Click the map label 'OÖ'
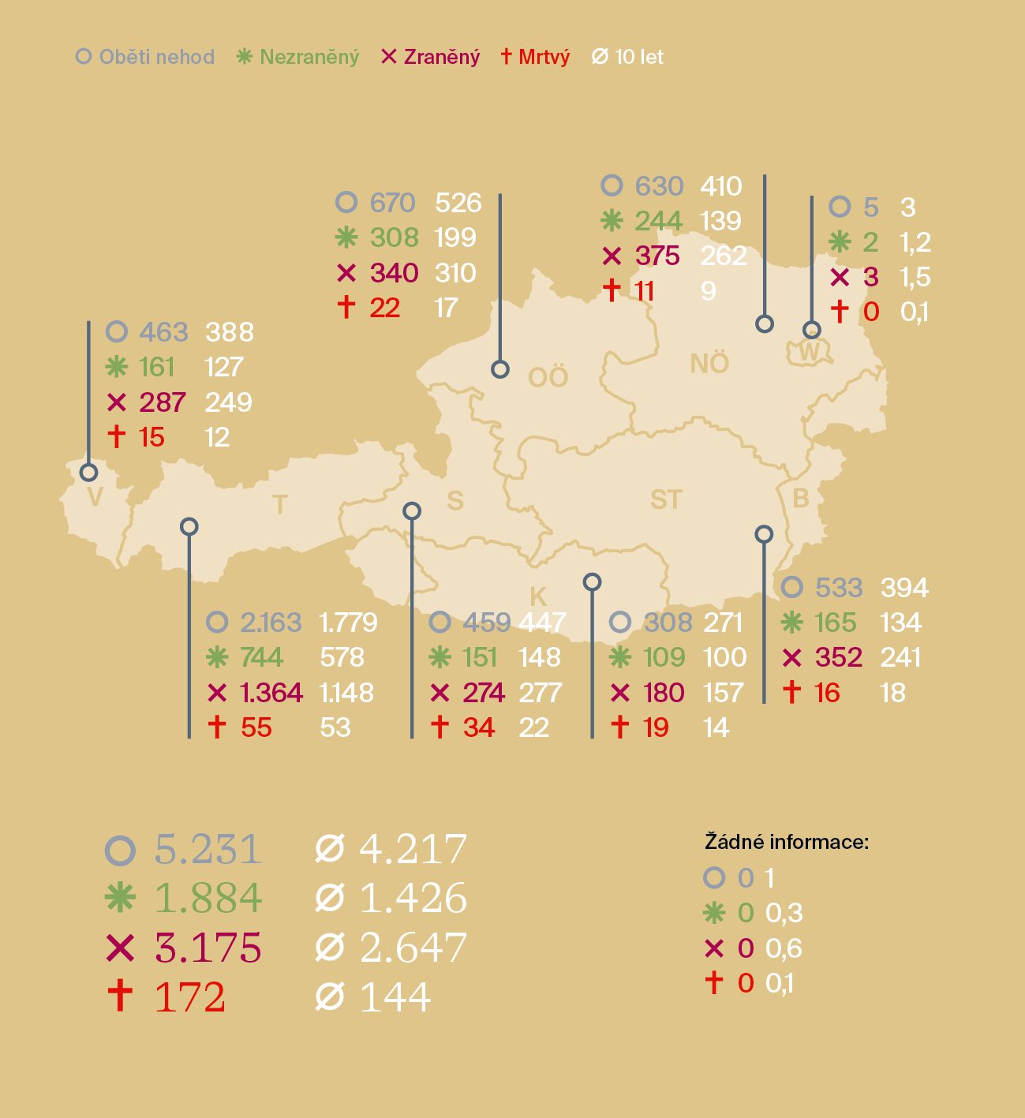tap(548, 378)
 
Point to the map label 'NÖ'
tap(709, 364)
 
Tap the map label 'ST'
tap(666, 499)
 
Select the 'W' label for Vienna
tap(810, 352)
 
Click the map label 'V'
tap(95, 497)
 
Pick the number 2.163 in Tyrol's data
tap(271, 623)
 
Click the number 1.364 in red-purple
tap(271, 693)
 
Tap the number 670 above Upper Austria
tap(392, 203)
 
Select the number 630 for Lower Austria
tap(659, 186)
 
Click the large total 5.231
tap(208, 849)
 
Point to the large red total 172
tap(190, 997)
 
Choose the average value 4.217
tap(413, 849)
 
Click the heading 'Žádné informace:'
tap(786, 842)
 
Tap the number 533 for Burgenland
tap(839, 588)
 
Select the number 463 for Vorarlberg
tap(163, 332)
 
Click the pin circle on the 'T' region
tap(189, 526)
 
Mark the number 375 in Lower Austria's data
tap(657, 256)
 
